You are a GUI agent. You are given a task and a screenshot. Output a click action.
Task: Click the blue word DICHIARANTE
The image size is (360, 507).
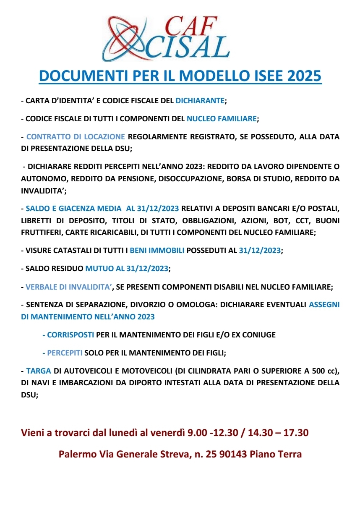coord(200,101)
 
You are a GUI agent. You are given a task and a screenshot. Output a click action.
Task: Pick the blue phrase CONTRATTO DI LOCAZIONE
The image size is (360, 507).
coord(76,137)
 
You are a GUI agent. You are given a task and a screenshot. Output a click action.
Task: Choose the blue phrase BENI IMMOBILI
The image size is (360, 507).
coord(157,251)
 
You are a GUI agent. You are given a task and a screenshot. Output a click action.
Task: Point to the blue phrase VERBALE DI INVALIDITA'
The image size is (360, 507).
coord(69,287)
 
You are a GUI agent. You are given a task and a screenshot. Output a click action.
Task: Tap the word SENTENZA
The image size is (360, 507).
coord(44,305)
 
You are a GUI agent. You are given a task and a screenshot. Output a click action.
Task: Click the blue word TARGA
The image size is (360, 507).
coord(39,371)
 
